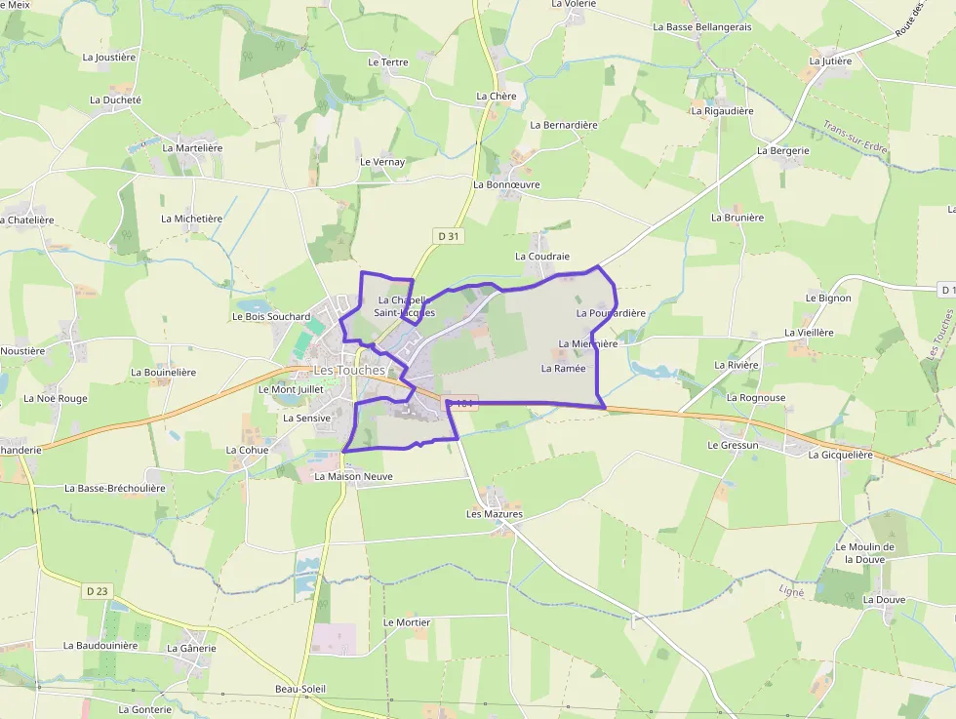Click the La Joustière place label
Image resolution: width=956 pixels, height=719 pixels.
[109, 58]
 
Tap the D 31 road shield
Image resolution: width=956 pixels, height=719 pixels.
[448, 235]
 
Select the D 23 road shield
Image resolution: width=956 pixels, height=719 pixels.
[96, 590]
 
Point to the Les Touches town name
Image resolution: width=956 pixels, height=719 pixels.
[349, 371]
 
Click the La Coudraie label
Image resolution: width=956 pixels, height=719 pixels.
[541, 256]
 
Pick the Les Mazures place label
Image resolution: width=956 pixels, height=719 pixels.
[495, 514]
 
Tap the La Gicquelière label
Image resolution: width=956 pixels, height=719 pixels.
[840, 455]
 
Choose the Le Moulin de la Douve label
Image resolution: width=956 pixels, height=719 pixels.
[863, 553]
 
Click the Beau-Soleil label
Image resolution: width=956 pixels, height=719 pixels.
[300, 689]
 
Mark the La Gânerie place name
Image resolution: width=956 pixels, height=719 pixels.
[191, 648]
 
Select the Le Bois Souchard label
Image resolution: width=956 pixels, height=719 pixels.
[271, 317]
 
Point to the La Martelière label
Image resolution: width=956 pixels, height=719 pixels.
[192, 148]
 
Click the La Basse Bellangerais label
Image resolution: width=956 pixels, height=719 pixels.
[702, 27]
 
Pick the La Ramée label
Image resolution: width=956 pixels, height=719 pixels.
[563, 369]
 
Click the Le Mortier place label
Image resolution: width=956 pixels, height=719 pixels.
[407, 622]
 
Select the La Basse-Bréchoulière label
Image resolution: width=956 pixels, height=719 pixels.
[115, 488]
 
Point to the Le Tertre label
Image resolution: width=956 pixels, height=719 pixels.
[388, 62]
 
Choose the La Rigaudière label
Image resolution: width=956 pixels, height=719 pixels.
[722, 111]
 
